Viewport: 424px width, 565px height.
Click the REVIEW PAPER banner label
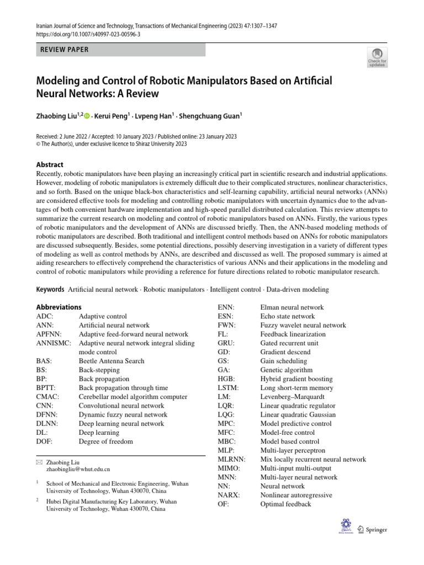(65, 50)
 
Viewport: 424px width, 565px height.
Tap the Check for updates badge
(377, 57)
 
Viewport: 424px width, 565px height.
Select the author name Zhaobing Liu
(59, 116)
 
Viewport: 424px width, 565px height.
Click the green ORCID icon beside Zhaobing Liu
(87, 116)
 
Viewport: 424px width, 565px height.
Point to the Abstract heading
(50, 164)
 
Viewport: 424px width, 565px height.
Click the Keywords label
(50, 289)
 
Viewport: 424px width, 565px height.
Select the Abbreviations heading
(59, 307)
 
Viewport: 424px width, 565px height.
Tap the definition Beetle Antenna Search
(111, 361)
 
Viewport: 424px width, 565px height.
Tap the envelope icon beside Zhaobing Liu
(39, 460)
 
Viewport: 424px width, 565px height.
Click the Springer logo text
(376, 530)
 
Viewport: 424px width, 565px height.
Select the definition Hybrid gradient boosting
(296, 379)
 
